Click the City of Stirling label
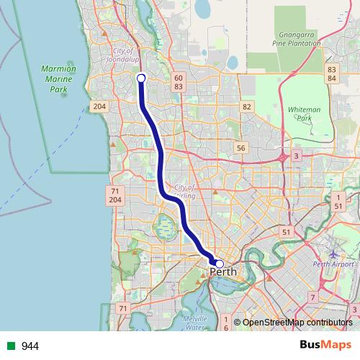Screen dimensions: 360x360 (184, 192)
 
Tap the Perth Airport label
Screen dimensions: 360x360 (333, 264)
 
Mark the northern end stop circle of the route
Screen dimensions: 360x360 (141, 78)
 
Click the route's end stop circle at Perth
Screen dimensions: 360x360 (220, 264)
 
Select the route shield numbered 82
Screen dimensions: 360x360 (248, 107)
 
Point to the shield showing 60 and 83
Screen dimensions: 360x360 (179, 81)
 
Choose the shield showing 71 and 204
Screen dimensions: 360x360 (114, 194)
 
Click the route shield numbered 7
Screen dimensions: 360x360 (312, 297)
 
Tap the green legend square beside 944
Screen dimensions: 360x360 (11, 346)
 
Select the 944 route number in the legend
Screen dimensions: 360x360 (30, 346)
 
